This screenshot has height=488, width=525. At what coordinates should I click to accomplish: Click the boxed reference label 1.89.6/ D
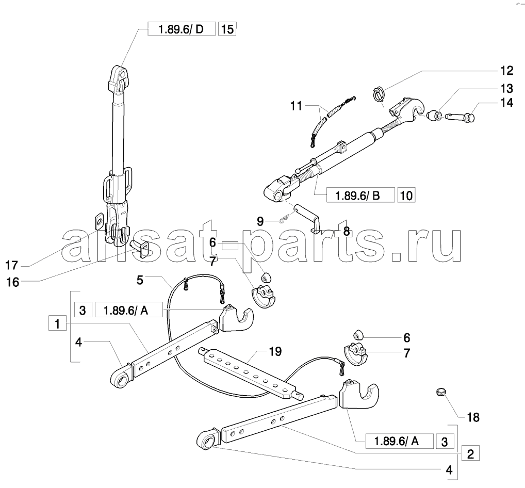click(x=182, y=29)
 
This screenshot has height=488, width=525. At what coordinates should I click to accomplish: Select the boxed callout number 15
click(x=227, y=29)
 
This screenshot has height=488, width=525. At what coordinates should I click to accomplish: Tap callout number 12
click(x=506, y=71)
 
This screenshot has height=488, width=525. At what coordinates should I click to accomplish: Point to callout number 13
click(x=506, y=88)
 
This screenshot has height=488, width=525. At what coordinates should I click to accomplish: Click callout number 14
click(x=506, y=103)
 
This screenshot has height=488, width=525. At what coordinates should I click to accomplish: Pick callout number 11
click(x=296, y=106)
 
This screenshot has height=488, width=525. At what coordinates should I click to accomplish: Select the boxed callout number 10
click(x=406, y=195)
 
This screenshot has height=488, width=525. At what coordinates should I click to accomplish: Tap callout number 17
click(x=11, y=266)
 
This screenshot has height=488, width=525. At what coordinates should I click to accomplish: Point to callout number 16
click(x=13, y=282)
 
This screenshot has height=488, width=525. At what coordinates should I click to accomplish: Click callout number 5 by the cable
click(x=140, y=280)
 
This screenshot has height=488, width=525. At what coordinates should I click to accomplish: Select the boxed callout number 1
click(x=57, y=324)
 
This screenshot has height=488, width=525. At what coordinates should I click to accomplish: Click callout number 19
click(x=275, y=352)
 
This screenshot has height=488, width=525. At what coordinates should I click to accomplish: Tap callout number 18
click(x=473, y=417)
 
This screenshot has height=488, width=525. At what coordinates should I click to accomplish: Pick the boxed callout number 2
click(x=470, y=454)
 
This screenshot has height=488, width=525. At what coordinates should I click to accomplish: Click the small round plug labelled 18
click(x=441, y=391)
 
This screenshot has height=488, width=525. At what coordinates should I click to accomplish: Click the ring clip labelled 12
click(x=379, y=94)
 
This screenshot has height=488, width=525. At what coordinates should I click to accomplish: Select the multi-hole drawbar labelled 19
click(x=251, y=373)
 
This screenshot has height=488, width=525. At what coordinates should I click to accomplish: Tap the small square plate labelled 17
click(x=100, y=221)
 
